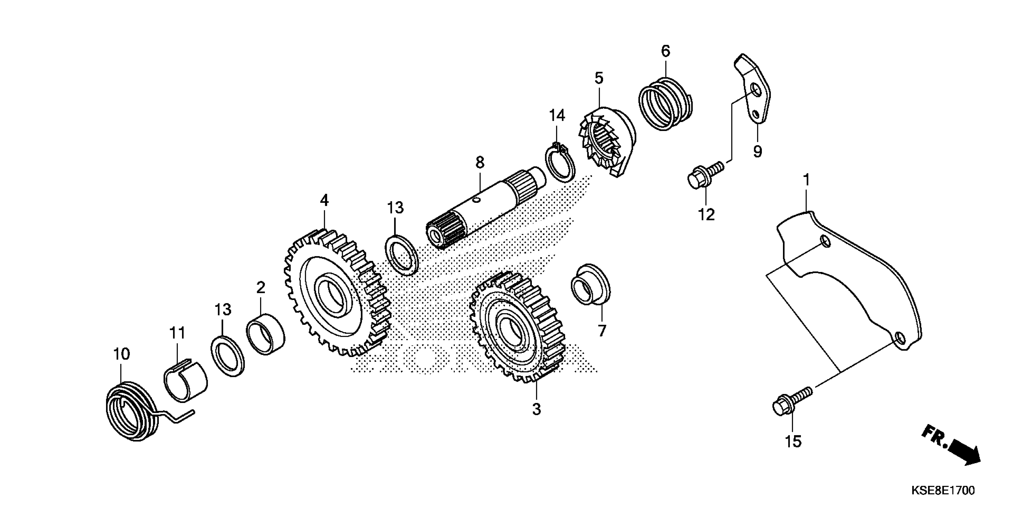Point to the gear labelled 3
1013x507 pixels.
[x=517, y=327]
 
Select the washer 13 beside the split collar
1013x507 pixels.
[x=228, y=356]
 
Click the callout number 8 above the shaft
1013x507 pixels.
[x=479, y=162]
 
